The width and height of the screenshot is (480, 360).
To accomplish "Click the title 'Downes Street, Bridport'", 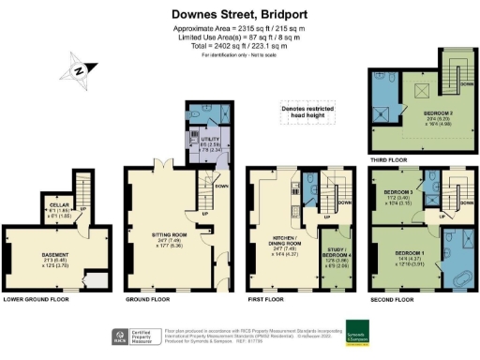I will pos(239,15).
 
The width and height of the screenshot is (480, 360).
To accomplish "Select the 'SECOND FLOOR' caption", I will pos(393,300).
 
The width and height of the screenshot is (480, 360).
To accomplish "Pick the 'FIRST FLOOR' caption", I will pos(267,300).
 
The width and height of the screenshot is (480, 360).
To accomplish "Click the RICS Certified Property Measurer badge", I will pos(136,335).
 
